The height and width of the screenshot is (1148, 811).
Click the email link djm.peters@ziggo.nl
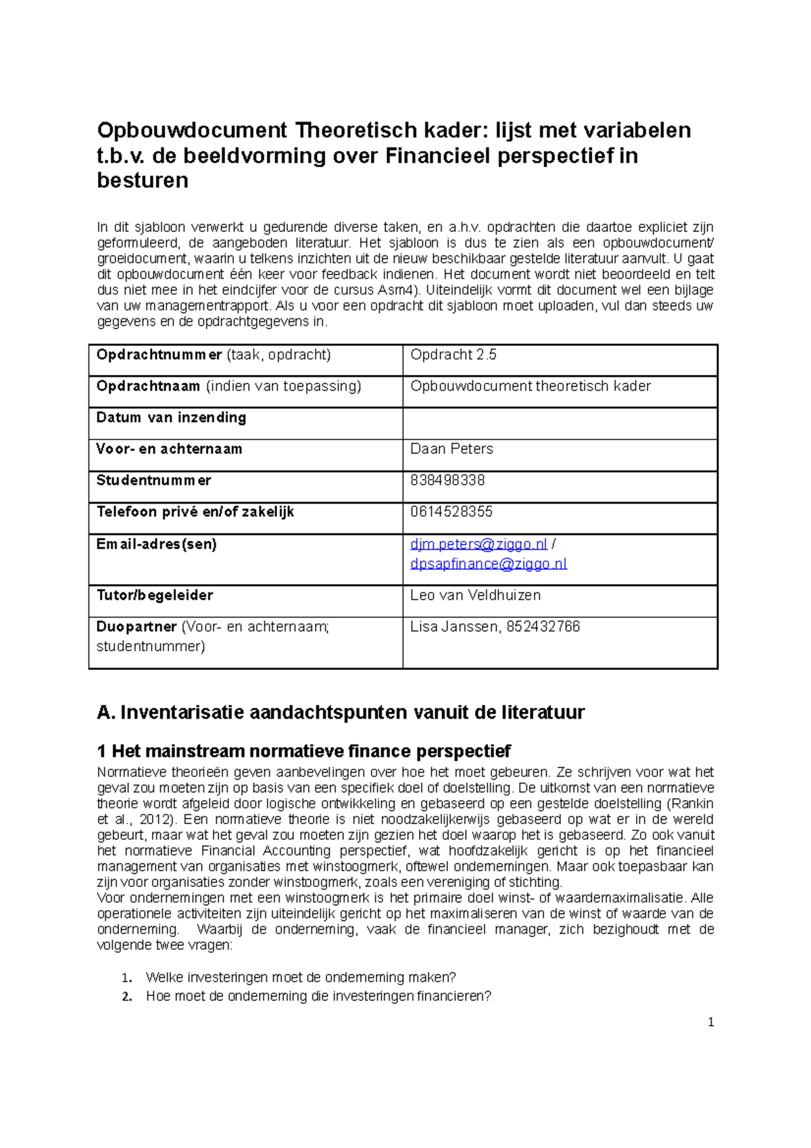click(478, 544)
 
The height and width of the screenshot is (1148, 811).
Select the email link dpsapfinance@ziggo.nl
click(489, 564)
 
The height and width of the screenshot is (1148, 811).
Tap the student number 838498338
click(447, 481)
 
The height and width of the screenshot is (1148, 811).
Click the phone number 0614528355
click(451, 512)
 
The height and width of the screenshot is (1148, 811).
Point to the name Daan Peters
click(451, 449)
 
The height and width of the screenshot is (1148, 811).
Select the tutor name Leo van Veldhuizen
click(475, 596)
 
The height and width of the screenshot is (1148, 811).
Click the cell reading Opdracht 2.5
click(453, 355)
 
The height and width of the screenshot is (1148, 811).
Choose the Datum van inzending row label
click(171, 418)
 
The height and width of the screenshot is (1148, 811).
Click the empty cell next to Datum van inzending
click(560, 423)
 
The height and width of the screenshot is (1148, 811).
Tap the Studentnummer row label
click(153, 481)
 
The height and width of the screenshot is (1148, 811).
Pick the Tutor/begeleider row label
click(155, 596)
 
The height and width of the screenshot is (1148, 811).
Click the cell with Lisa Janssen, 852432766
click(495, 627)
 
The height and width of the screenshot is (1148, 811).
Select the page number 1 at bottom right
click(710, 1022)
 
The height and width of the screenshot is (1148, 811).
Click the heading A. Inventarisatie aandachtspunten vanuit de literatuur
click(341, 713)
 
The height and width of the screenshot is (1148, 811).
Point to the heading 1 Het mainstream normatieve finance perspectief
click(303, 752)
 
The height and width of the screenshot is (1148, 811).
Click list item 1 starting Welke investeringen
click(301, 978)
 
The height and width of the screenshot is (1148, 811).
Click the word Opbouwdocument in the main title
click(192, 130)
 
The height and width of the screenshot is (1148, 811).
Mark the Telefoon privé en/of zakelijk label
click(195, 512)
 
